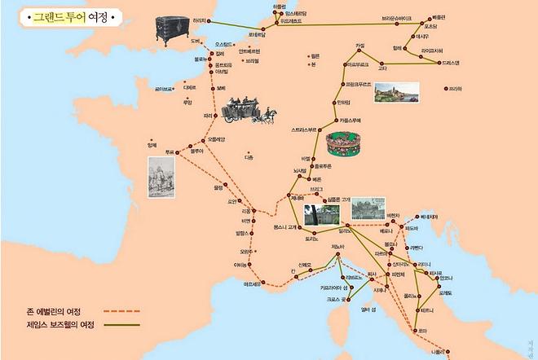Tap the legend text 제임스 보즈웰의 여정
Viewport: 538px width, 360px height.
[60, 325]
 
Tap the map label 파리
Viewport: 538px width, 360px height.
[208, 116]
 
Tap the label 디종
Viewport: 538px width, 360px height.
[248, 157]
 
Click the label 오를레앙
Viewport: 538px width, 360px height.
[217, 139]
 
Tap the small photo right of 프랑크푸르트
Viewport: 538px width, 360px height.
[396, 93]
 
